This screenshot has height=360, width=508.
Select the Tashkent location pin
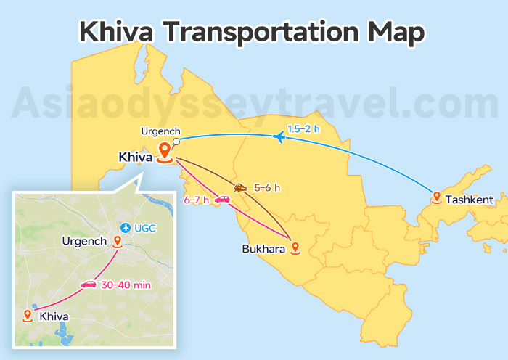coord(436,197)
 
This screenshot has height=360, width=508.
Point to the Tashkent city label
coord(469,199)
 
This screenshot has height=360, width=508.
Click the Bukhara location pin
coord(295,247)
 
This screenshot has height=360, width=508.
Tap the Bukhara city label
coord(264,249)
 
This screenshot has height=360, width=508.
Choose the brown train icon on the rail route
coord(241,188)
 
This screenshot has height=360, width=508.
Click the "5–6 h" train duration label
coord(266,188)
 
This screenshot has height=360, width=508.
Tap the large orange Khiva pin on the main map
coord(165,151)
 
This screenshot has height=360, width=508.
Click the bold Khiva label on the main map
coord(135,157)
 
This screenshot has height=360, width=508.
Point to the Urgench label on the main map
coord(160,131)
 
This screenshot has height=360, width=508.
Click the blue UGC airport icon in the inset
coord(127,228)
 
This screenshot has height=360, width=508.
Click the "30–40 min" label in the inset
coord(126,285)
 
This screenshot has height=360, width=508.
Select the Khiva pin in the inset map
coord(28,315)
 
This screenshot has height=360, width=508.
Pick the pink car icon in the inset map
coord(89,284)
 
